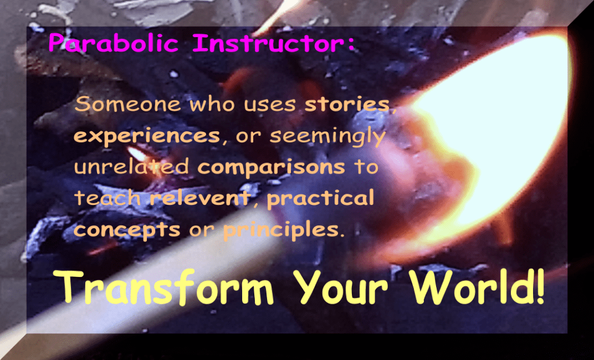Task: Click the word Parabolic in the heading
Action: [x=113, y=42]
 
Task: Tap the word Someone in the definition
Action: [x=128, y=104]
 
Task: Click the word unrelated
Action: [x=131, y=167]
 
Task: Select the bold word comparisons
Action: [x=271, y=167]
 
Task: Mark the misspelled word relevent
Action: [x=200, y=197]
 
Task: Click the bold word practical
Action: [x=321, y=198]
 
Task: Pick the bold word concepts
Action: [x=127, y=229]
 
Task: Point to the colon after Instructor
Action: [x=351, y=44]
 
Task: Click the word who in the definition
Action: [x=213, y=104]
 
